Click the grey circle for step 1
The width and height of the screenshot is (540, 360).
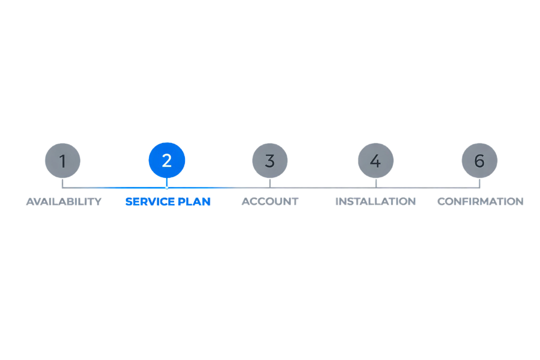[62, 160]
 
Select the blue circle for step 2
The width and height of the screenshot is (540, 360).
[167, 160]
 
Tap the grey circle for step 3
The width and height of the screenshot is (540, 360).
[269, 160]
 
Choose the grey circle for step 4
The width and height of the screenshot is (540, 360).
[375, 160]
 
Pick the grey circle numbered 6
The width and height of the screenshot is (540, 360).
[479, 160]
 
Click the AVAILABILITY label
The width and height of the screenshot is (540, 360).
[63, 202]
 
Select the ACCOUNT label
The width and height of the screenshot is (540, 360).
[269, 202]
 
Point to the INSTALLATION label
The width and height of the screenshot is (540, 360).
[375, 202]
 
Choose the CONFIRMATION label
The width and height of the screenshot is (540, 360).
[479, 202]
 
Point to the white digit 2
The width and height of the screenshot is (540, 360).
[167, 161]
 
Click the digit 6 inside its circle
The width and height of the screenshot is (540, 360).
[479, 161]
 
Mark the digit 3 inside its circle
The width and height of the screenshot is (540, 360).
[269, 161]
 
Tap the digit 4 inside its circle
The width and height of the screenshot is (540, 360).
[375, 161]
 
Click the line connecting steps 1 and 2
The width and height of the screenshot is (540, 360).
[115, 187]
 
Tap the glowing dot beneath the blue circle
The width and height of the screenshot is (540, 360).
[166, 187]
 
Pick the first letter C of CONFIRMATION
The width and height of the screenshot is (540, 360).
[441, 202]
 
